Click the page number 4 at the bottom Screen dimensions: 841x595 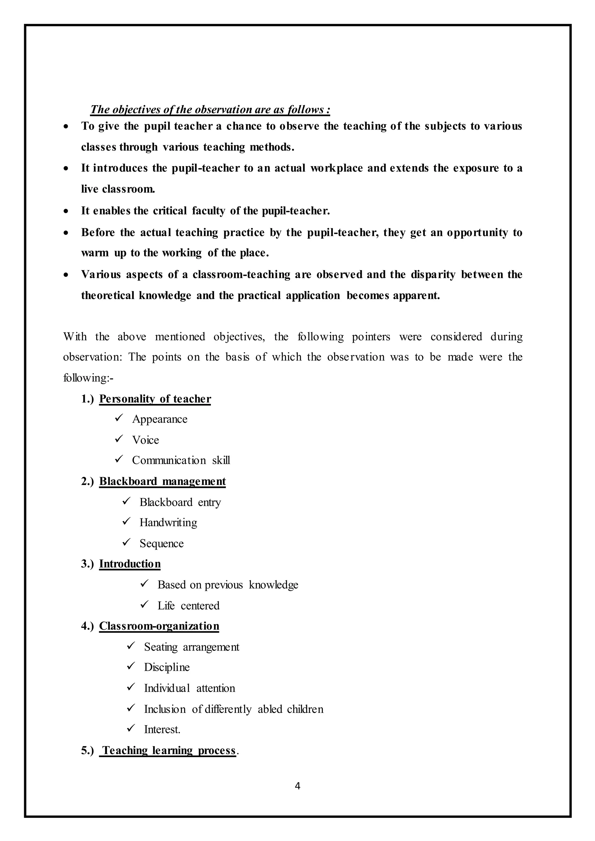(297, 786)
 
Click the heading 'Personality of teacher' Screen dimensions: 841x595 (155, 399)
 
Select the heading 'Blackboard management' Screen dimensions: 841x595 (162, 481)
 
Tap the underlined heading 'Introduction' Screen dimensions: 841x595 (130, 564)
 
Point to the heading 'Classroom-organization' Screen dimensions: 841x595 (159, 626)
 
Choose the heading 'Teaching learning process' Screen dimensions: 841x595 (169, 750)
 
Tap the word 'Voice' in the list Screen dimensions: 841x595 (146, 440)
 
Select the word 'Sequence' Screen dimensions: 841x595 (162, 543)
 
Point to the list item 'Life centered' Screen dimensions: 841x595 (188, 605)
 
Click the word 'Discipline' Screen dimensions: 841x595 (167, 667)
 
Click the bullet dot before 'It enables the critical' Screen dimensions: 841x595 (66, 211)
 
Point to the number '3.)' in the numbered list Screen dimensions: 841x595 (87, 564)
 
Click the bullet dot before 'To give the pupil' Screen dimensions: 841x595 (66, 127)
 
